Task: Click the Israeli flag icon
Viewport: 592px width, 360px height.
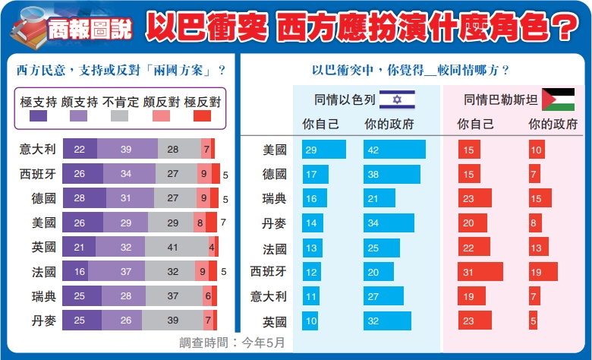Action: (x=391, y=99)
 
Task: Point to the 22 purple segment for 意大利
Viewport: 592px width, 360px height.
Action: (x=80, y=149)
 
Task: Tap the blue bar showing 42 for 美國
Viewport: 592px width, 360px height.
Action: (x=395, y=150)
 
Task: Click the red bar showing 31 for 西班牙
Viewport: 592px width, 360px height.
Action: (x=480, y=272)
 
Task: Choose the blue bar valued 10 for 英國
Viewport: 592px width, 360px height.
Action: (x=310, y=321)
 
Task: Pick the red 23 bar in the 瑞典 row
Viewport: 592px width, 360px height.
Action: (x=474, y=198)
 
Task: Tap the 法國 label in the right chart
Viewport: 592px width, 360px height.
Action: (x=273, y=248)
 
